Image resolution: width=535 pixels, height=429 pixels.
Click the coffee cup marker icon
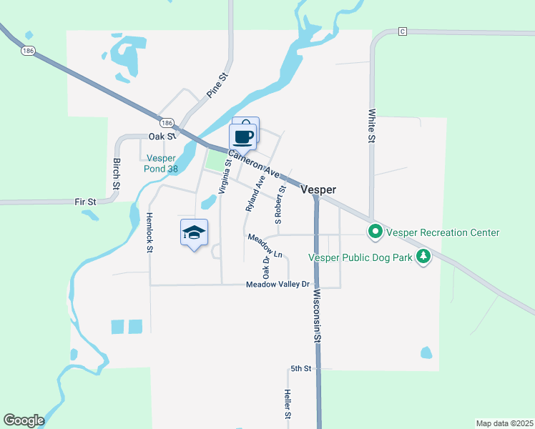[x=242, y=136]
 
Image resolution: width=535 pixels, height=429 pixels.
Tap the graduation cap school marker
[x=194, y=232]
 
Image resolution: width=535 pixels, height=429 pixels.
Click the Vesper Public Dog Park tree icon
[x=424, y=257]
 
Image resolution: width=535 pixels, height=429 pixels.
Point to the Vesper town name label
[x=318, y=190]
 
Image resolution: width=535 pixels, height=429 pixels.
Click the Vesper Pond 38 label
[x=162, y=164]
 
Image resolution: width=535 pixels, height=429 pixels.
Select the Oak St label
[x=162, y=136]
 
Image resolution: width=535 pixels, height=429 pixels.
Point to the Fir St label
[x=85, y=202]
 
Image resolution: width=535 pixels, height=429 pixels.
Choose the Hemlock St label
[x=149, y=232]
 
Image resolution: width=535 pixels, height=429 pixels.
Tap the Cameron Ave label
[x=254, y=164]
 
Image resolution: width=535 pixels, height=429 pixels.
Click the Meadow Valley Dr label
[x=278, y=285]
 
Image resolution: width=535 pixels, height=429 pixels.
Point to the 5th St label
[x=301, y=368]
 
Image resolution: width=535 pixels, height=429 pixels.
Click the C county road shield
[x=403, y=31]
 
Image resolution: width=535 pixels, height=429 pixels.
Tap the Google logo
[x=23, y=420]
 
